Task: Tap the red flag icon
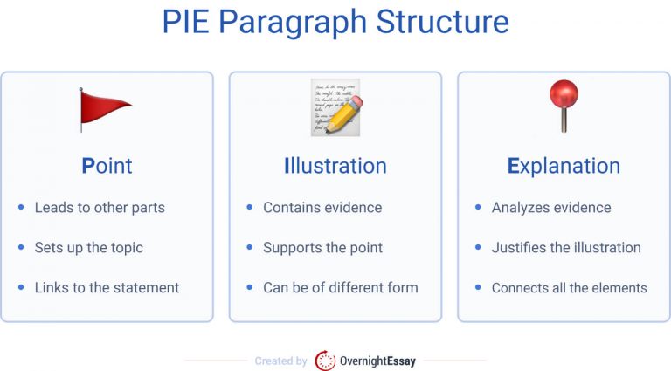pos(104,108)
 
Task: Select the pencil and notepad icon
pos(335,107)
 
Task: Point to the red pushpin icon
pos(563,104)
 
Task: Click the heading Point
pos(107,166)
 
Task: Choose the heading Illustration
pos(335,166)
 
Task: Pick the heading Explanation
pos(564,166)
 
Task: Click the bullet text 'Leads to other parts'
pos(100,208)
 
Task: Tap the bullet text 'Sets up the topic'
pos(88,248)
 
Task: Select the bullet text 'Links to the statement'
pos(107,287)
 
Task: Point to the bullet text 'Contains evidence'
pos(322,208)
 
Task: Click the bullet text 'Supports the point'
pos(322,248)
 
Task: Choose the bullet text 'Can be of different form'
pos(340,287)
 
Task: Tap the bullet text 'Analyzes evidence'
pos(551,208)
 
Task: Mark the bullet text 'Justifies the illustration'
pos(566,248)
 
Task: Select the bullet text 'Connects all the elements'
pos(569,287)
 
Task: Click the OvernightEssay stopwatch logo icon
pos(325,361)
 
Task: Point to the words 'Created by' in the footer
pos(280,361)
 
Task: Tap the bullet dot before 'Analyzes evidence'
pos(477,208)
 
